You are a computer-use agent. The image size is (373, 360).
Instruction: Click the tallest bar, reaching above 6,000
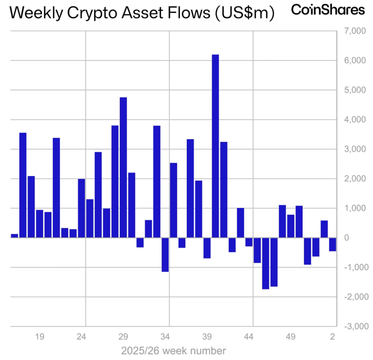coord(215,146)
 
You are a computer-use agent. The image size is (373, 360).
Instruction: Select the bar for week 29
coord(123,167)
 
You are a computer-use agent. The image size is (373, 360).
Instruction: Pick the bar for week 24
coord(81,208)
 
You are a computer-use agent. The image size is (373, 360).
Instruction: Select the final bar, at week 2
coord(333,244)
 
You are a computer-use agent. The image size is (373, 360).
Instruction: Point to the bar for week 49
coord(291,226)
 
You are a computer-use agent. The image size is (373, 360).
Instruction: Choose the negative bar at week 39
coord(207,248)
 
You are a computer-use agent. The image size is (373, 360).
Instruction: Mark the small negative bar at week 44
coord(249,242)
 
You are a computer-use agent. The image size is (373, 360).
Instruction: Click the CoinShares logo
coord(328,10)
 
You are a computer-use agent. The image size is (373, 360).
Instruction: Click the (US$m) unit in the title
coord(243,13)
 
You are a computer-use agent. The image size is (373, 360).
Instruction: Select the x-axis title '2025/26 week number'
coord(173,351)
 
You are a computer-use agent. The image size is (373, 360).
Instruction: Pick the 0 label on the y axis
coord(347,237)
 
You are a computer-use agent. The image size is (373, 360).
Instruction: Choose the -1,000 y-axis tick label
coord(354,267)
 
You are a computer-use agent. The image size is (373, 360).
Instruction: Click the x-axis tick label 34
coord(165,336)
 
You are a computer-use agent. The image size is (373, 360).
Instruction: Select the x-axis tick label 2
coord(333,336)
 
